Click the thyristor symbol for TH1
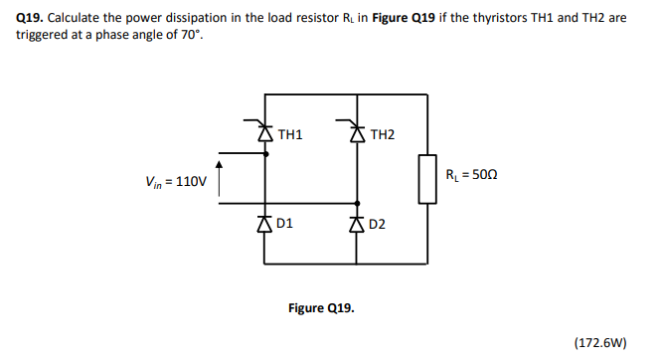coord(263,128)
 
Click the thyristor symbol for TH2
coord(356,128)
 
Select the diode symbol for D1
coord(263,223)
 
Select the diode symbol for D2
coord(356,223)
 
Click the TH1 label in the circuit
coord(291,133)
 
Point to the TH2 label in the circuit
coord(382,133)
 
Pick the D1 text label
coord(284,224)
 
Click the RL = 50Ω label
coord(470,174)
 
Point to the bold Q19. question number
coord(30,18)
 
